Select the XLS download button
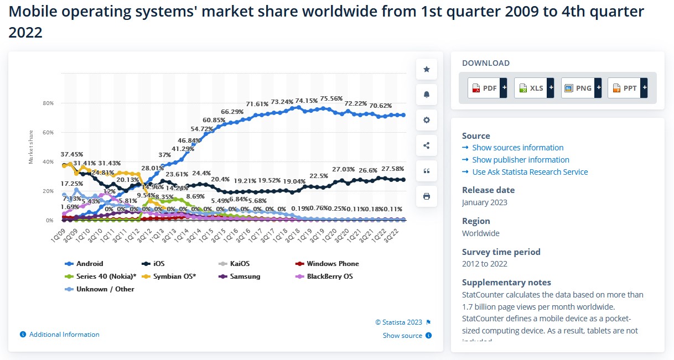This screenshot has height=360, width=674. [x=534, y=88]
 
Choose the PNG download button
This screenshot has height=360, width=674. [x=581, y=88]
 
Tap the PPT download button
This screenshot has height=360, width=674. [x=628, y=88]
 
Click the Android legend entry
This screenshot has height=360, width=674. [x=89, y=264]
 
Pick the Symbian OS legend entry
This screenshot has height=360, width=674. [x=174, y=276]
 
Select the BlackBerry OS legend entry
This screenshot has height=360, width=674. [x=329, y=276]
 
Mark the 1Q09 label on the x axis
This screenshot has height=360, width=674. [x=56, y=233]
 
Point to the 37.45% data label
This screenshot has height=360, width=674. [x=72, y=154]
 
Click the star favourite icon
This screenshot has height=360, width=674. [x=427, y=69]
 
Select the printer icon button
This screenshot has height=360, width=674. [x=427, y=196]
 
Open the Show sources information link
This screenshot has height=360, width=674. [x=517, y=148]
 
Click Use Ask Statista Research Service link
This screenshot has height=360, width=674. [x=530, y=172]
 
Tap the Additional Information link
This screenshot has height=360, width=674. [x=64, y=335]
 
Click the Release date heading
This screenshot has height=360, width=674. [x=488, y=190]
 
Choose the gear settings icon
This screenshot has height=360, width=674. [x=427, y=120]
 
